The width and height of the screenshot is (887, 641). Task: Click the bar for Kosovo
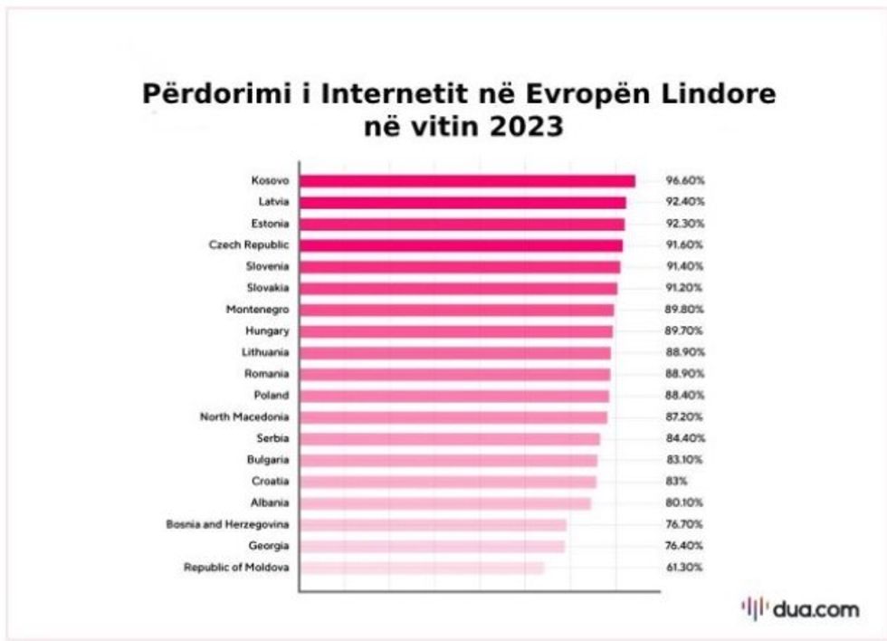[x=467, y=180]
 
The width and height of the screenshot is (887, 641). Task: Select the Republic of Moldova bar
[x=422, y=568]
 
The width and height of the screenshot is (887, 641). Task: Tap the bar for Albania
[x=445, y=502]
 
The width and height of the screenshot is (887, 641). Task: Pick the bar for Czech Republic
[x=461, y=245]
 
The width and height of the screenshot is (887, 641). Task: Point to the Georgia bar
[x=432, y=546]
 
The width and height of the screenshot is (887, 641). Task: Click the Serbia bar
[x=450, y=438]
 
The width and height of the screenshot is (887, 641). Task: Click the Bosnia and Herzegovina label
[x=227, y=524]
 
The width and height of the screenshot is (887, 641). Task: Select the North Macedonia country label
[x=244, y=417]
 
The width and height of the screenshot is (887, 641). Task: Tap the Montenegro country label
[x=257, y=310]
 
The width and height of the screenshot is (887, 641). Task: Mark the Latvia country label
[x=273, y=202]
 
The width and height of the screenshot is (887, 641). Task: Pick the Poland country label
[x=272, y=396]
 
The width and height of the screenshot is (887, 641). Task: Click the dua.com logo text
[x=815, y=609]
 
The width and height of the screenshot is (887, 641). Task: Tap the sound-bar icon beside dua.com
[x=754, y=608]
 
